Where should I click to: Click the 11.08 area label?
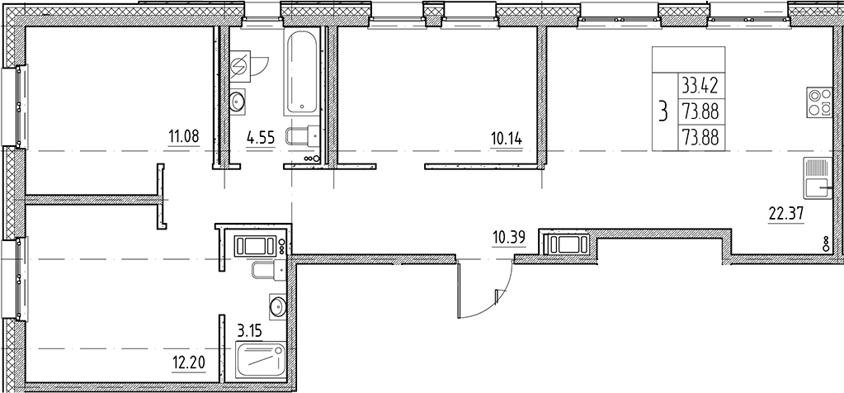[184, 137]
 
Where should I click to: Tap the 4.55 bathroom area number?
[261, 139]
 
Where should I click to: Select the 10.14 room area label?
[506, 139]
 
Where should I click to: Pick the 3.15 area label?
[250, 329]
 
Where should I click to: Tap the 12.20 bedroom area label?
[188, 362]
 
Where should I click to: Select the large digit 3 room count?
[663, 112]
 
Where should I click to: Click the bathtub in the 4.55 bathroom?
[301, 73]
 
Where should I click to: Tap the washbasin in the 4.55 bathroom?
[238, 102]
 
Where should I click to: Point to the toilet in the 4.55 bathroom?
[303, 135]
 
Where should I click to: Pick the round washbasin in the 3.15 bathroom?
[277, 307]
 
